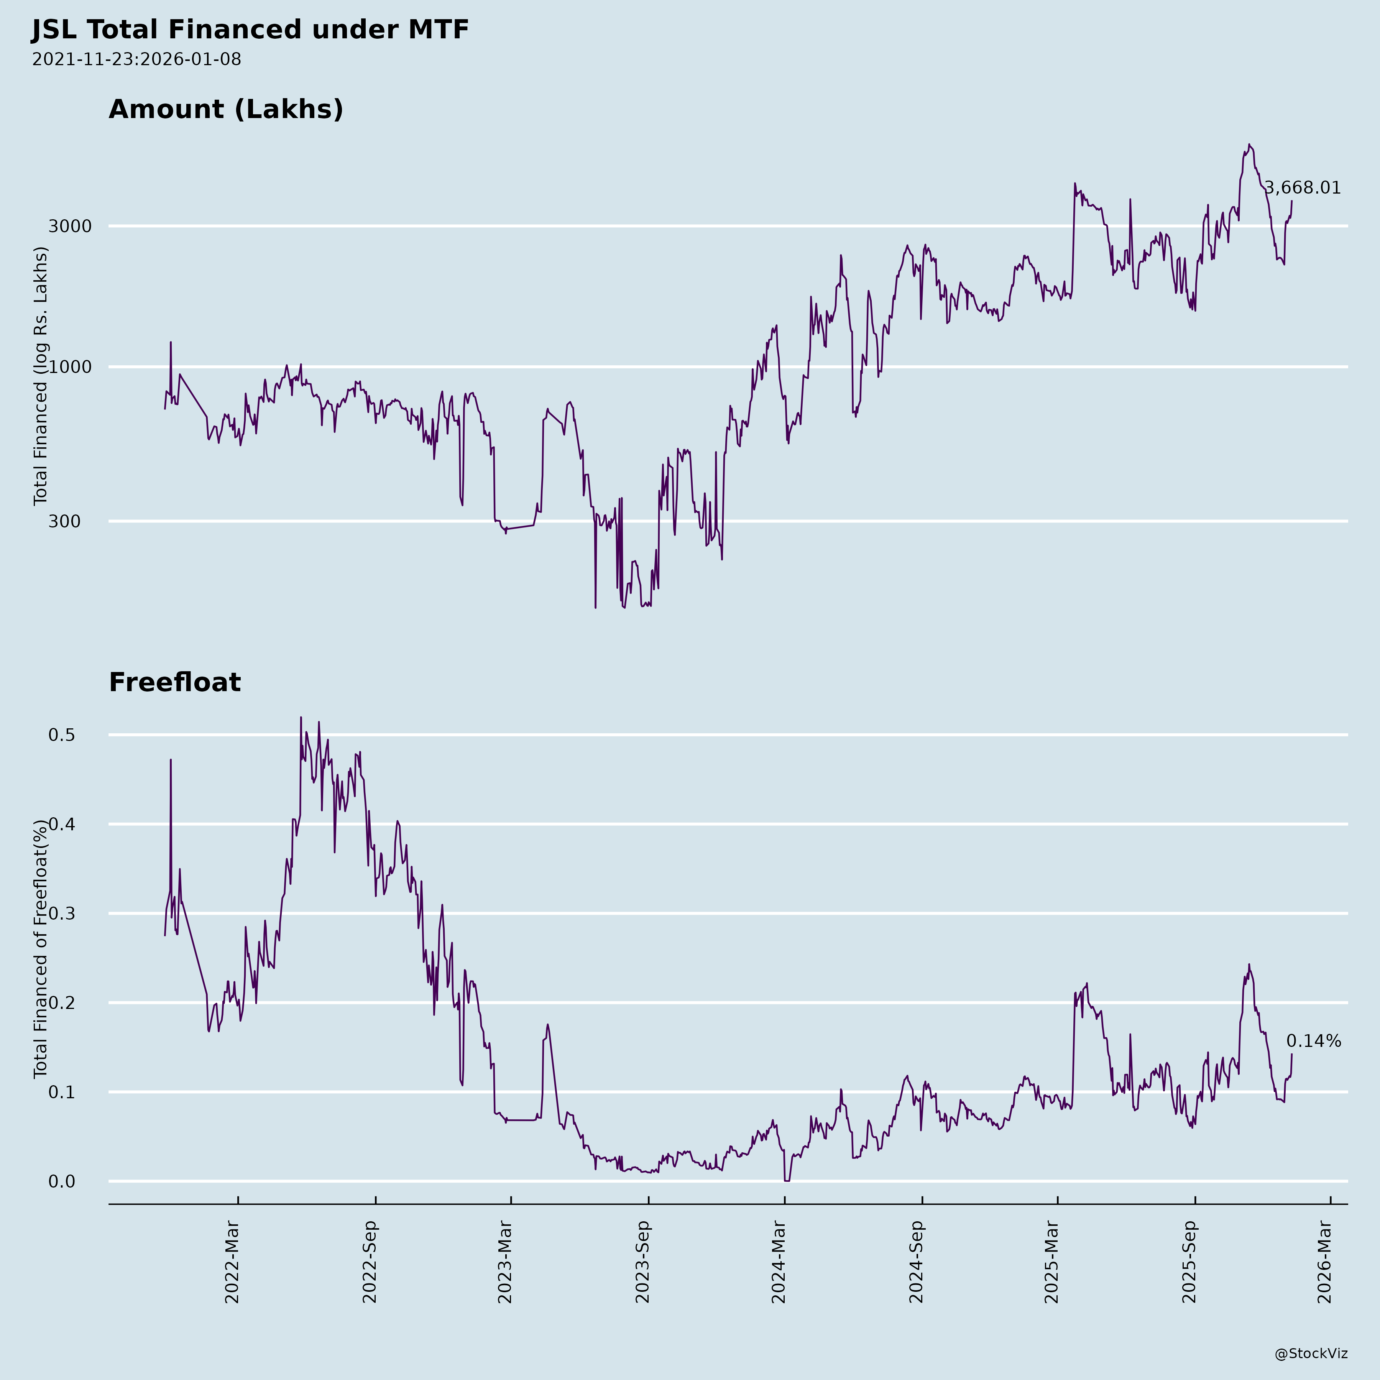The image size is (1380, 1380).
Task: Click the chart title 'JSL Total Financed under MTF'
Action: [250, 30]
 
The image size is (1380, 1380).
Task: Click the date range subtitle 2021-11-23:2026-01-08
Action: [136, 59]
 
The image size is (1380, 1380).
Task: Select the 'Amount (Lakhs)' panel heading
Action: [226, 109]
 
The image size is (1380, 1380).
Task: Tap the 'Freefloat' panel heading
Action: [175, 682]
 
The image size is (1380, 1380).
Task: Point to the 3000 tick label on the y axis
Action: [70, 227]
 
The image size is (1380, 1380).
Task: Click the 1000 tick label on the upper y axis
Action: [70, 367]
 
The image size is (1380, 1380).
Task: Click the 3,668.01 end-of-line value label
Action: [1303, 188]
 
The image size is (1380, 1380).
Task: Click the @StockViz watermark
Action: [1311, 1354]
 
